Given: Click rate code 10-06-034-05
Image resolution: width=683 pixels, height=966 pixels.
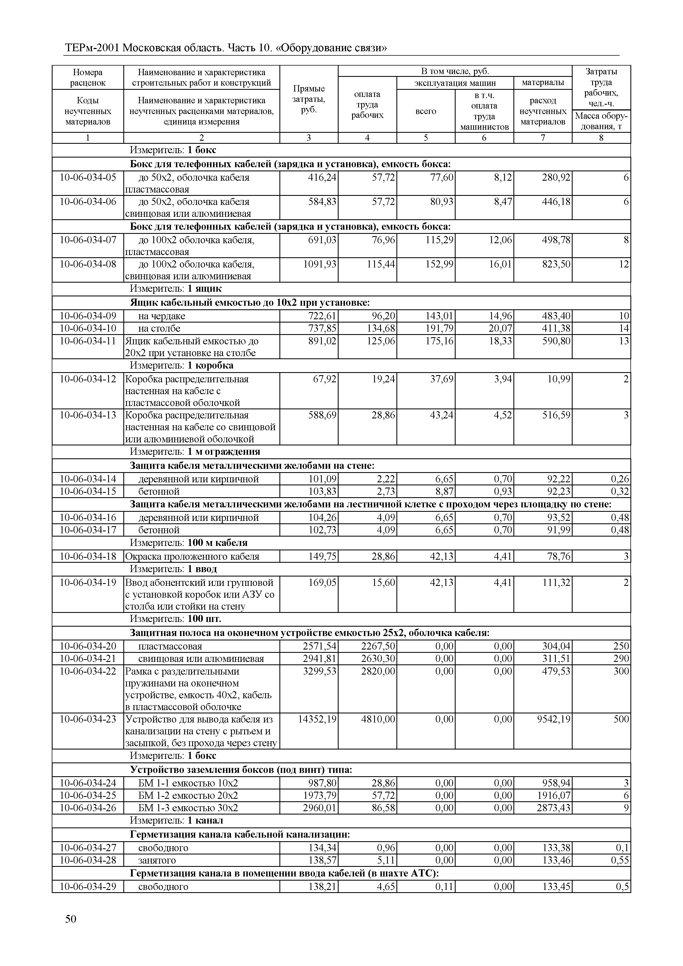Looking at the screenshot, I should coord(88,178).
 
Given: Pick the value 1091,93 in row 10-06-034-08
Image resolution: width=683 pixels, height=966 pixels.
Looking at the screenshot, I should coord(320,264).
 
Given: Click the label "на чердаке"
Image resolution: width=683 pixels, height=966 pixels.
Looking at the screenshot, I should coord(162,316).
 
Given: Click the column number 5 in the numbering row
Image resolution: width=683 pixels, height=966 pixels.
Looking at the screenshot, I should coord(426,137).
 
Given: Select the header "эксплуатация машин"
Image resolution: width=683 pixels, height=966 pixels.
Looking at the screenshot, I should coord(455,83).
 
